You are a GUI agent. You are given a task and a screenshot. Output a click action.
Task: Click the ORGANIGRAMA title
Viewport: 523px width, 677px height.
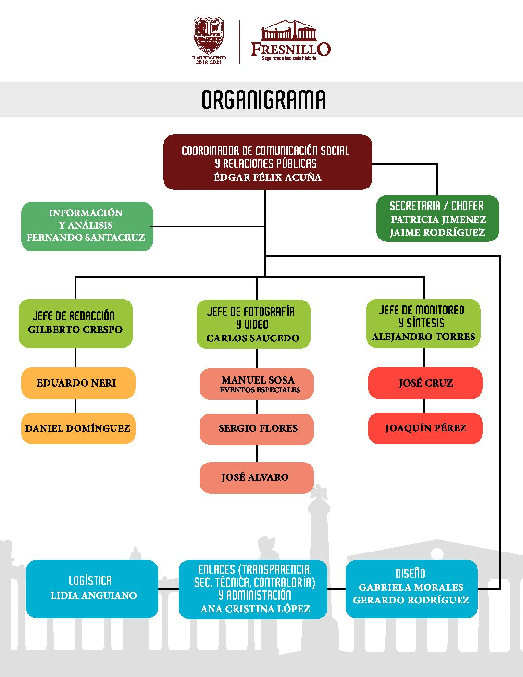(x=263, y=100)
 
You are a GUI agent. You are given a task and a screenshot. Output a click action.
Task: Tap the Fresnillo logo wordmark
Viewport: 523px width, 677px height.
(x=291, y=49)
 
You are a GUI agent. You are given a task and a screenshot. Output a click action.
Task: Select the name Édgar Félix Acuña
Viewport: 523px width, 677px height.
(x=267, y=177)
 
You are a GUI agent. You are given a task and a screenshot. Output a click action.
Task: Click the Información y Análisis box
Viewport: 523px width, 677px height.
(x=87, y=226)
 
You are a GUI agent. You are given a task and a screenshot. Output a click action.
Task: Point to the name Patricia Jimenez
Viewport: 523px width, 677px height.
(x=438, y=219)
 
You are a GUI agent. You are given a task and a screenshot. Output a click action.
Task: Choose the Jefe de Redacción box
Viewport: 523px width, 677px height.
(x=75, y=323)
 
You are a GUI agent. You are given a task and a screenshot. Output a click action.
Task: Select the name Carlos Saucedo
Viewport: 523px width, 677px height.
(x=253, y=338)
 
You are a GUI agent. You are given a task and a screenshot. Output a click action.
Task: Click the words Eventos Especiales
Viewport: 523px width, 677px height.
(x=260, y=390)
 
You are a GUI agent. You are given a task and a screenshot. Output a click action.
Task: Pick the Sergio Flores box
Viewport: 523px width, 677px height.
(x=257, y=428)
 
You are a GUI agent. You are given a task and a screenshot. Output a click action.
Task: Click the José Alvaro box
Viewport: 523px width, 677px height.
(x=256, y=477)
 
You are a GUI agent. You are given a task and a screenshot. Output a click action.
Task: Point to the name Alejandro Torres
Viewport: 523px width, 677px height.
(x=423, y=337)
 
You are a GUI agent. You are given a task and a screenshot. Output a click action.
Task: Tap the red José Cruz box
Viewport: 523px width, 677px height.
(x=425, y=383)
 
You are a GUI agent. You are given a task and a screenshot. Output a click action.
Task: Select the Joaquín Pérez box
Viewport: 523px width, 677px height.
(x=425, y=428)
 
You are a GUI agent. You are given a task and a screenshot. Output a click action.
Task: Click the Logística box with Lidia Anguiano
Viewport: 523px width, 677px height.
(x=92, y=589)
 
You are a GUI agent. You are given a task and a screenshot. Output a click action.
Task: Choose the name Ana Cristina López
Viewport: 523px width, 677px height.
(x=255, y=609)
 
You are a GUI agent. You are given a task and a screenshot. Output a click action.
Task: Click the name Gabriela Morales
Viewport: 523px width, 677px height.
(x=411, y=587)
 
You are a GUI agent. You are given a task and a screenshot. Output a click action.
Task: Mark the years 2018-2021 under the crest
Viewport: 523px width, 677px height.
(x=209, y=63)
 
